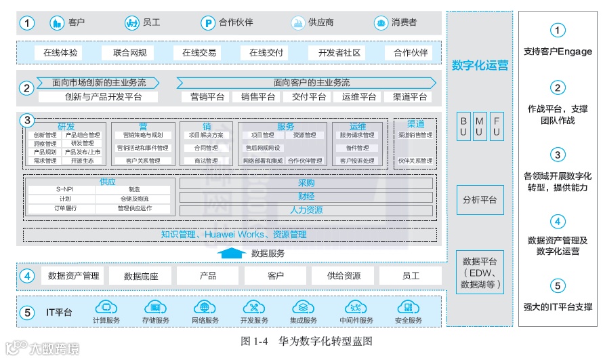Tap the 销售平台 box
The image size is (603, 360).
pyautogui.click(x=258, y=97)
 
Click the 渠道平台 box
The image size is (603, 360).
pyautogui.click(x=406, y=97)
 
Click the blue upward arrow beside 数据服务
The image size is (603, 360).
pyautogui.click(x=232, y=253)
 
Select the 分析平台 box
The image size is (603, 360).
pyautogui.click(x=480, y=200)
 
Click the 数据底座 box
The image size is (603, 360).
pyautogui.click(x=141, y=276)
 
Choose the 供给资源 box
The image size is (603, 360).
pyautogui.click(x=344, y=276)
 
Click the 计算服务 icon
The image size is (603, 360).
pyautogui.click(x=106, y=307)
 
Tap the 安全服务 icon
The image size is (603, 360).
pyautogui.click(x=408, y=307)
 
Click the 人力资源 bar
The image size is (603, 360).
pyautogui.click(x=306, y=210)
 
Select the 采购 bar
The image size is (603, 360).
pyautogui.click(x=306, y=183)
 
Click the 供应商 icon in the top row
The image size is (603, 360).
pyautogui.click(x=297, y=22)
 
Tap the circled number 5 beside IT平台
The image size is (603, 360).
pyautogui.click(x=26, y=313)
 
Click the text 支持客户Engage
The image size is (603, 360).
pyautogui.click(x=557, y=52)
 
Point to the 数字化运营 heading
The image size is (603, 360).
pyautogui.click(x=480, y=66)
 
